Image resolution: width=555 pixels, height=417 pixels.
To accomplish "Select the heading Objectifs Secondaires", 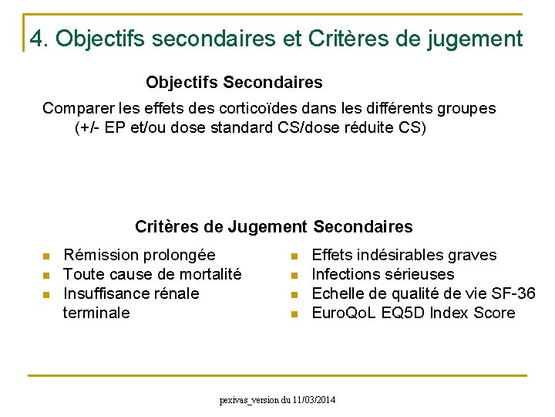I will click(234, 82).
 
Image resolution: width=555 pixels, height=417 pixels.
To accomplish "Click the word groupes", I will click(466, 108).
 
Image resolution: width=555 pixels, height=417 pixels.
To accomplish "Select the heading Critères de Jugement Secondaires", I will click(274, 226).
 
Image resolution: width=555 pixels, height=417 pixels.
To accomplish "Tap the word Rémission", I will click(96, 255).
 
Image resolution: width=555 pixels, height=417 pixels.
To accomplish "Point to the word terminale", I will click(96, 313).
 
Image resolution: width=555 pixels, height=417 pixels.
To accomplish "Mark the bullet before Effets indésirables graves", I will click(294, 256).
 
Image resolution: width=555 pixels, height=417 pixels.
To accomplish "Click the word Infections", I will click(345, 274).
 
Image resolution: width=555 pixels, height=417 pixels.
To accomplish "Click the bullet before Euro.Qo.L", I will click(294, 314).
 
